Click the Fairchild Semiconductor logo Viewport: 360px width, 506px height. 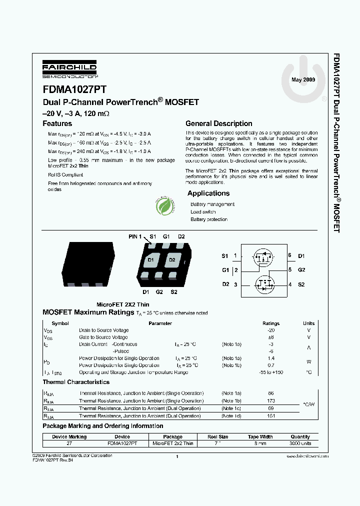tap(69, 69)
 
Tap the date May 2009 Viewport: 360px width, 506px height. tap(303, 79)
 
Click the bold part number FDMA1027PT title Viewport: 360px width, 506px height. tap(74, 90)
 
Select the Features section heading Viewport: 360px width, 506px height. tap(57, 123)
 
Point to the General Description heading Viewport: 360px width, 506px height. tap(218, 123)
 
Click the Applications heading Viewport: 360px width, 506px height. tap(208, 193)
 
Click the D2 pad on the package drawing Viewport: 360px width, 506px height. tap(171, 260)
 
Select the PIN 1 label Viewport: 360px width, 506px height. tap(135, 236)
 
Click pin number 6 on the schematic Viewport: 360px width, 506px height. tap(289, 255)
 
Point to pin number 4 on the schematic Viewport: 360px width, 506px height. tap(289, 284)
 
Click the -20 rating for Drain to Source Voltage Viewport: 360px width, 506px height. tap(271, 330)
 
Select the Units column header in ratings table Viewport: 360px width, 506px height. tap(308, 323)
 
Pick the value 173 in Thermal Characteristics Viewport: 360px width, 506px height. tap(271, 401)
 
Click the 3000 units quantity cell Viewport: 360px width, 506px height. tap(300, 443)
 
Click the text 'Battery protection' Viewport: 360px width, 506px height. tap(209, 219)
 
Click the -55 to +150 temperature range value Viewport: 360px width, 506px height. tap(271, 372)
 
